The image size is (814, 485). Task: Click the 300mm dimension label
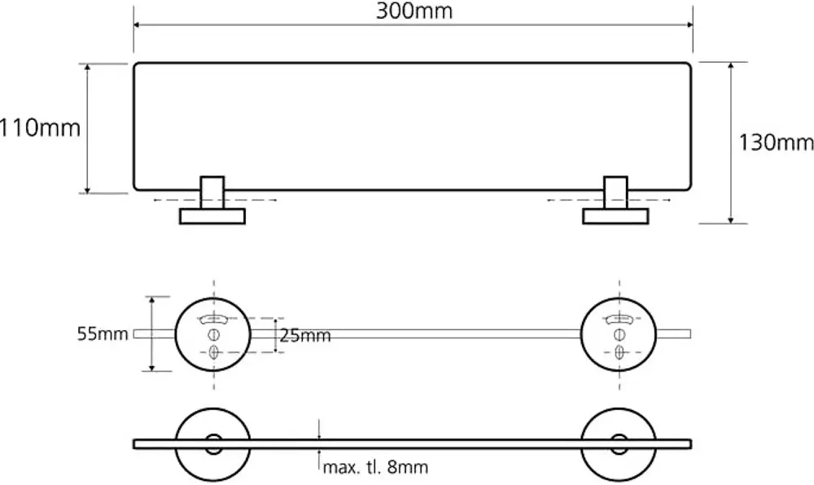coord(414,11)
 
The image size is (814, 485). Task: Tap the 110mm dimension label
coord(40,128)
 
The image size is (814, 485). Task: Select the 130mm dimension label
coord(776,143)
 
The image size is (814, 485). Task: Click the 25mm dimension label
coord(305,335)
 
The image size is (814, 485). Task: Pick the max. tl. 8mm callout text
coord(375,468)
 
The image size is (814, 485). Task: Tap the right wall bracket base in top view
coord(616,216)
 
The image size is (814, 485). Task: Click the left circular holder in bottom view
coord(214,444)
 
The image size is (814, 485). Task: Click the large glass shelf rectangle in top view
coord(414,126)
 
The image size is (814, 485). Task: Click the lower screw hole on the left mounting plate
coord(214,352)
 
